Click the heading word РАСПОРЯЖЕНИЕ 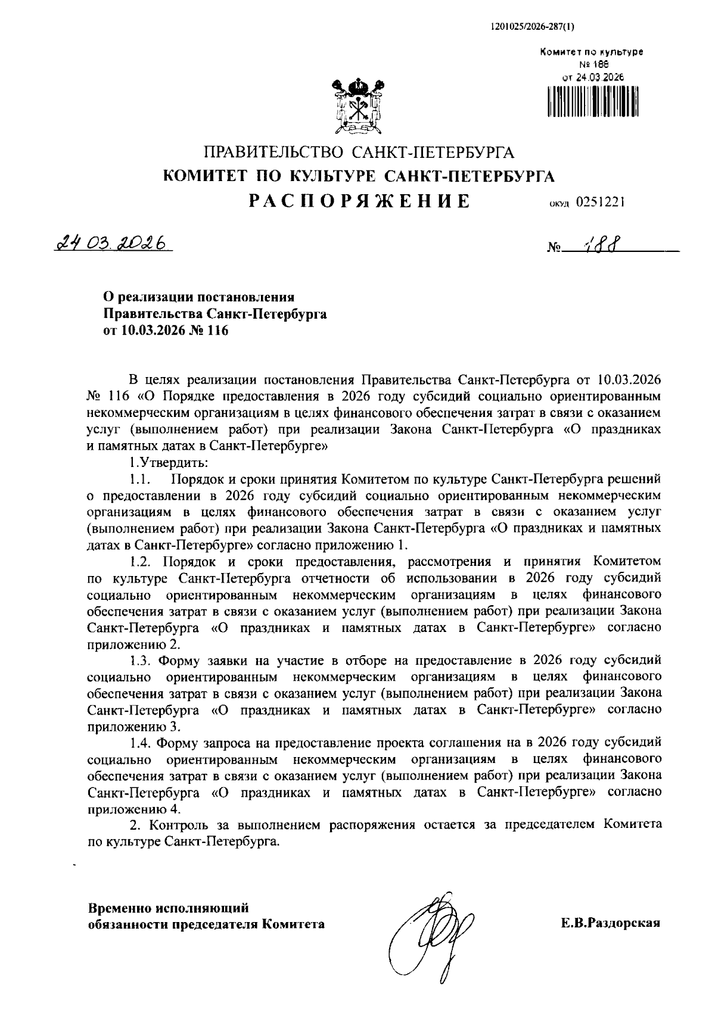(x=359, y=201)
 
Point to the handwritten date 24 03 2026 (x=111, y=244)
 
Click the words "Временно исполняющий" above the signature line (x=168, y=908)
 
